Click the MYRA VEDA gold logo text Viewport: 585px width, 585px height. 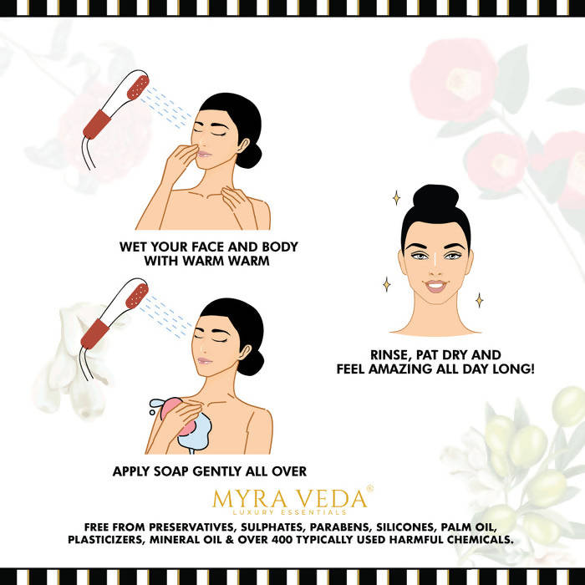[289, 498]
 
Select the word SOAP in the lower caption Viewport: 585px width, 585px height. [171, 471]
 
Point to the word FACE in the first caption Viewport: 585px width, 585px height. [207, 247]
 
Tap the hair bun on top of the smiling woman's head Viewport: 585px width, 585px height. [435, 197]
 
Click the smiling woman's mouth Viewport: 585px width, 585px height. [435, 287]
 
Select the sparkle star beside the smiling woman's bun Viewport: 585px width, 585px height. [396, 198]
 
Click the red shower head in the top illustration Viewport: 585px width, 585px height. [138, 87]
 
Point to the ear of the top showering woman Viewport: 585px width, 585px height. [244, 146]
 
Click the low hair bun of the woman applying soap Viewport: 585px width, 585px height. [251, 362]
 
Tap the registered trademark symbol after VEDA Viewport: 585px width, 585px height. [369, 487]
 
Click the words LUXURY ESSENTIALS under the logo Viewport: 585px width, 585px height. [289, 512]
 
